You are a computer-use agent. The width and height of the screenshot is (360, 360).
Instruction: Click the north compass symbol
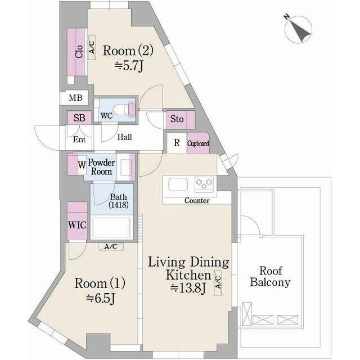click(x=298, y=29)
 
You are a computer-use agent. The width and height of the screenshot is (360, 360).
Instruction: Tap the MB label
click(x=75, y=98)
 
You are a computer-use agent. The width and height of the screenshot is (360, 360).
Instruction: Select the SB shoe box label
click(x=79, y=118)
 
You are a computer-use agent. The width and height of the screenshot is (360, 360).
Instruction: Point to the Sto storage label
click(x=177, y=119)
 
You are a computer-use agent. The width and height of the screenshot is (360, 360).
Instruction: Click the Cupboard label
click(x=198, y=144)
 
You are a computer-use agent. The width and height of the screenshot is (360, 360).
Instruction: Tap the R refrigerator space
click(x=177, y=142)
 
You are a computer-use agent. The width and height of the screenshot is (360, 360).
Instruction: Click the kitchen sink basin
click(x=178, y=184)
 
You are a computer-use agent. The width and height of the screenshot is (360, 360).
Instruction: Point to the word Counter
click(x=197, y=201)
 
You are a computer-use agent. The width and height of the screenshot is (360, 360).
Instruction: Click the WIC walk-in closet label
click(x=78, y=225)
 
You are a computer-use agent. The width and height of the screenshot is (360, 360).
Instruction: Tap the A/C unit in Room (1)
click(x=111, y=246)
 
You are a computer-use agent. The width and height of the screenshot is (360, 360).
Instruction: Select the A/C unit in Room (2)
click(x=92, y=48)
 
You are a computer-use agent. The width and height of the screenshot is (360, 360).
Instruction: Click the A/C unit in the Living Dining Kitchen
click(x=218, y=282)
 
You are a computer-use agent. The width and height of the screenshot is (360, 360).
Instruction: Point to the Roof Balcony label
click(x=270, y=277)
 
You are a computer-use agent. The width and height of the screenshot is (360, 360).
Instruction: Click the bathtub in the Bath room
click(x=111, y=227)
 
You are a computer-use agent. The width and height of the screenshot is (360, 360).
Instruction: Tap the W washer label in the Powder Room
click(x=82, y=165)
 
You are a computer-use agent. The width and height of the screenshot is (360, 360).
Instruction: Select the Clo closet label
click(x=79, y=52)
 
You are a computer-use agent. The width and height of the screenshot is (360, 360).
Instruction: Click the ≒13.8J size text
click(x=187, y=288)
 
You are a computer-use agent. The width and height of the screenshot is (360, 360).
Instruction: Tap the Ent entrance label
click(x=79, y=139)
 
